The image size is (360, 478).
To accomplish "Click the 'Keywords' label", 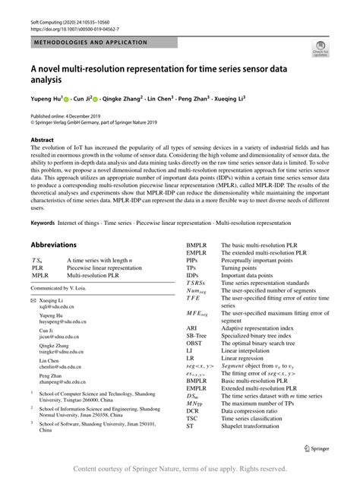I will (44, 222).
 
